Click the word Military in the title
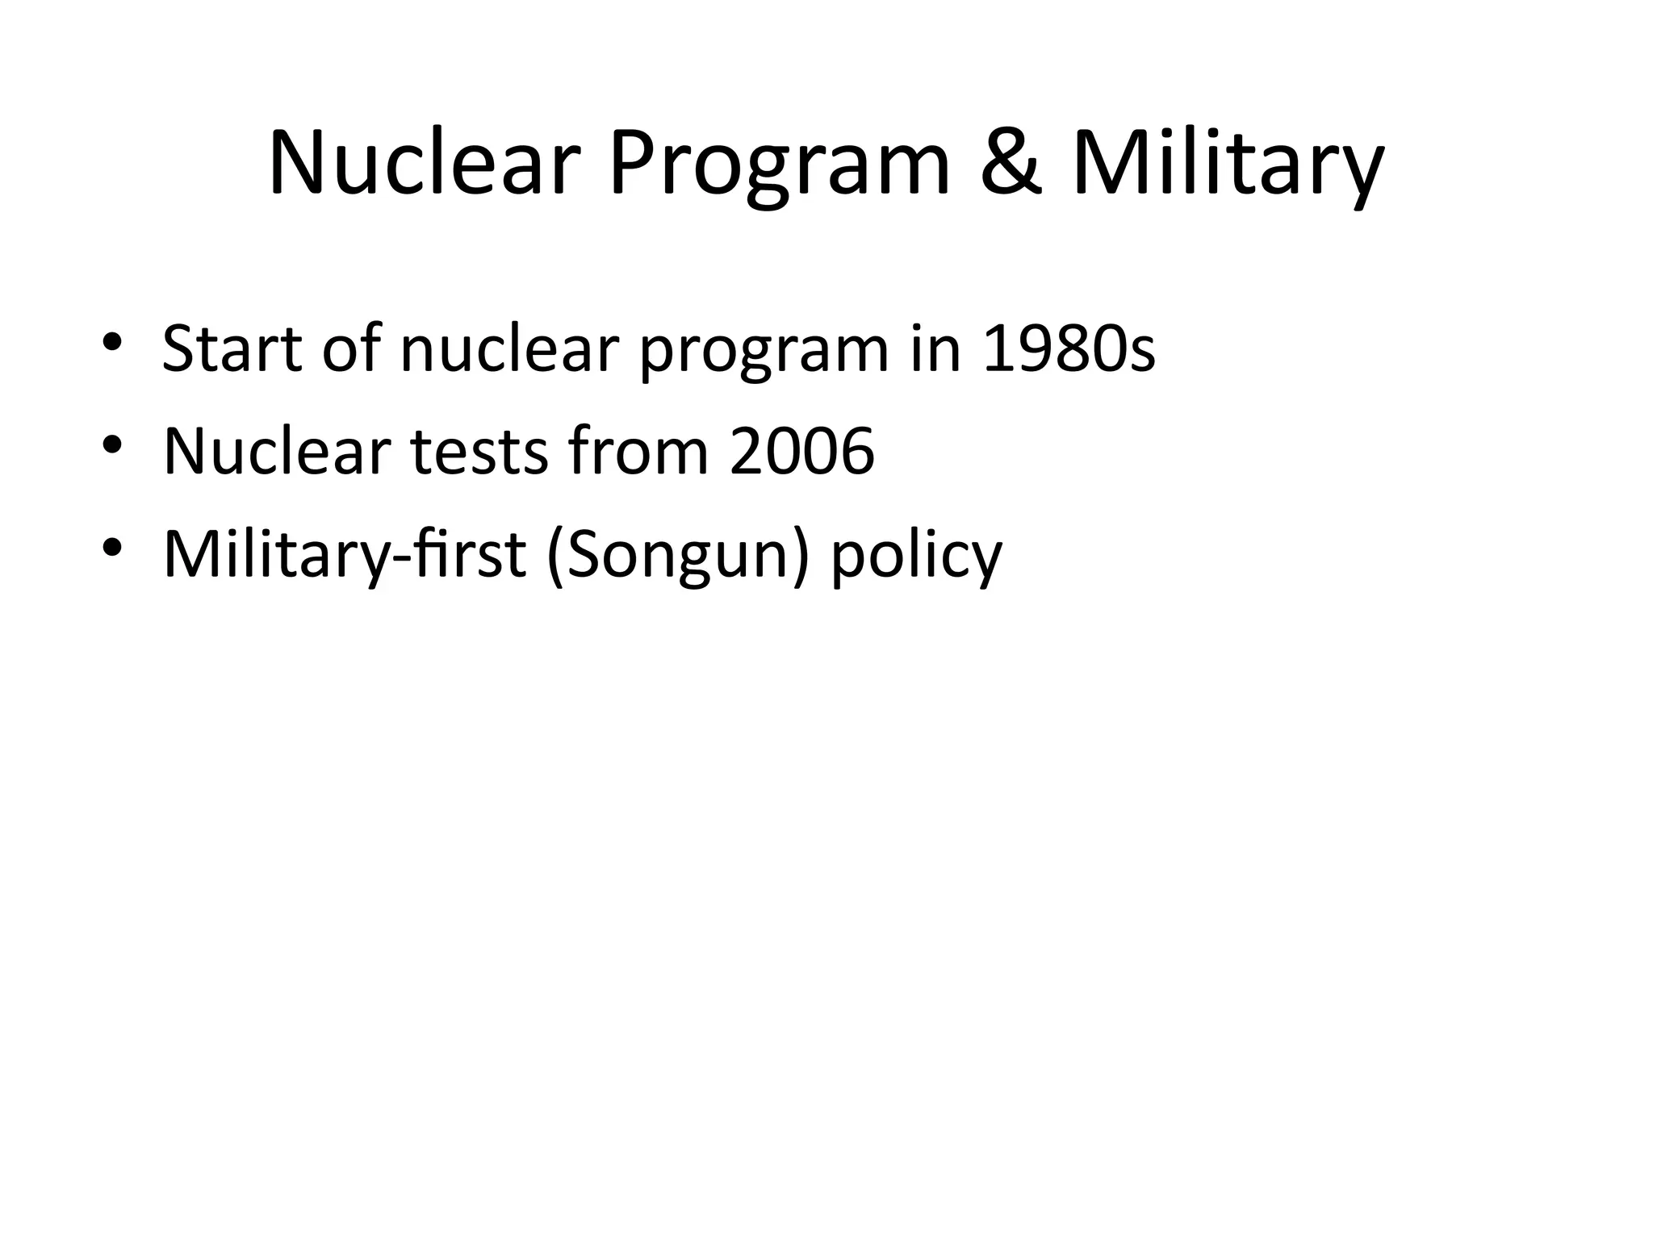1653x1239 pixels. (1228, 165)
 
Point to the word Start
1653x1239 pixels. (232, 348)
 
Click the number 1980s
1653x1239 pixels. (1069, 348)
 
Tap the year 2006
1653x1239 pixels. (801, 451)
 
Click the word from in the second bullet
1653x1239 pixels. (638, 451)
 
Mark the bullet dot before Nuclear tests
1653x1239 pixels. (112, 444)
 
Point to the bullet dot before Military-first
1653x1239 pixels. (112, 547)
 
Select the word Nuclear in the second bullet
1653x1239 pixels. (277, 451)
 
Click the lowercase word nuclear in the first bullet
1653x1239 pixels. (508, 348)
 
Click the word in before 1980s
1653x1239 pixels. (936, 348)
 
